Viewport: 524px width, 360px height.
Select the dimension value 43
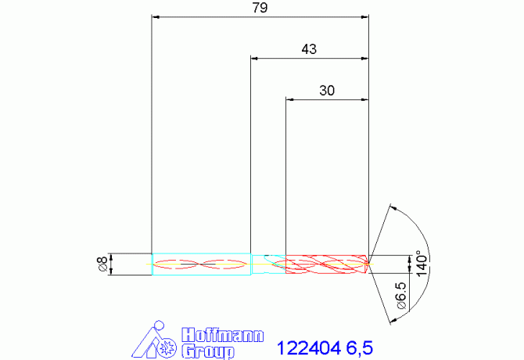coord(309,49)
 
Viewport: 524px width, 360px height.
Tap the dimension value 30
coord(327,90)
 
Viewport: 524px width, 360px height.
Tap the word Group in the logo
coord(207,351)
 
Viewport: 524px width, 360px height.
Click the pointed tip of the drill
coord(370,264)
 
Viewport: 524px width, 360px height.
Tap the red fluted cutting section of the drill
coord(327,265)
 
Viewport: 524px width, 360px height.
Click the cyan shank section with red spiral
coord(201,265)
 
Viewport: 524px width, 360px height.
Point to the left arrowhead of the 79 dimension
coord(155,16)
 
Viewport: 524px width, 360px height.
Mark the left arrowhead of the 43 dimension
coord(254,58)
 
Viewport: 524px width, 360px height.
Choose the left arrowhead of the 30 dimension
coord(290,99)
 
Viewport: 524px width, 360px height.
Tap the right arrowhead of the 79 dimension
coord(364,16)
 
